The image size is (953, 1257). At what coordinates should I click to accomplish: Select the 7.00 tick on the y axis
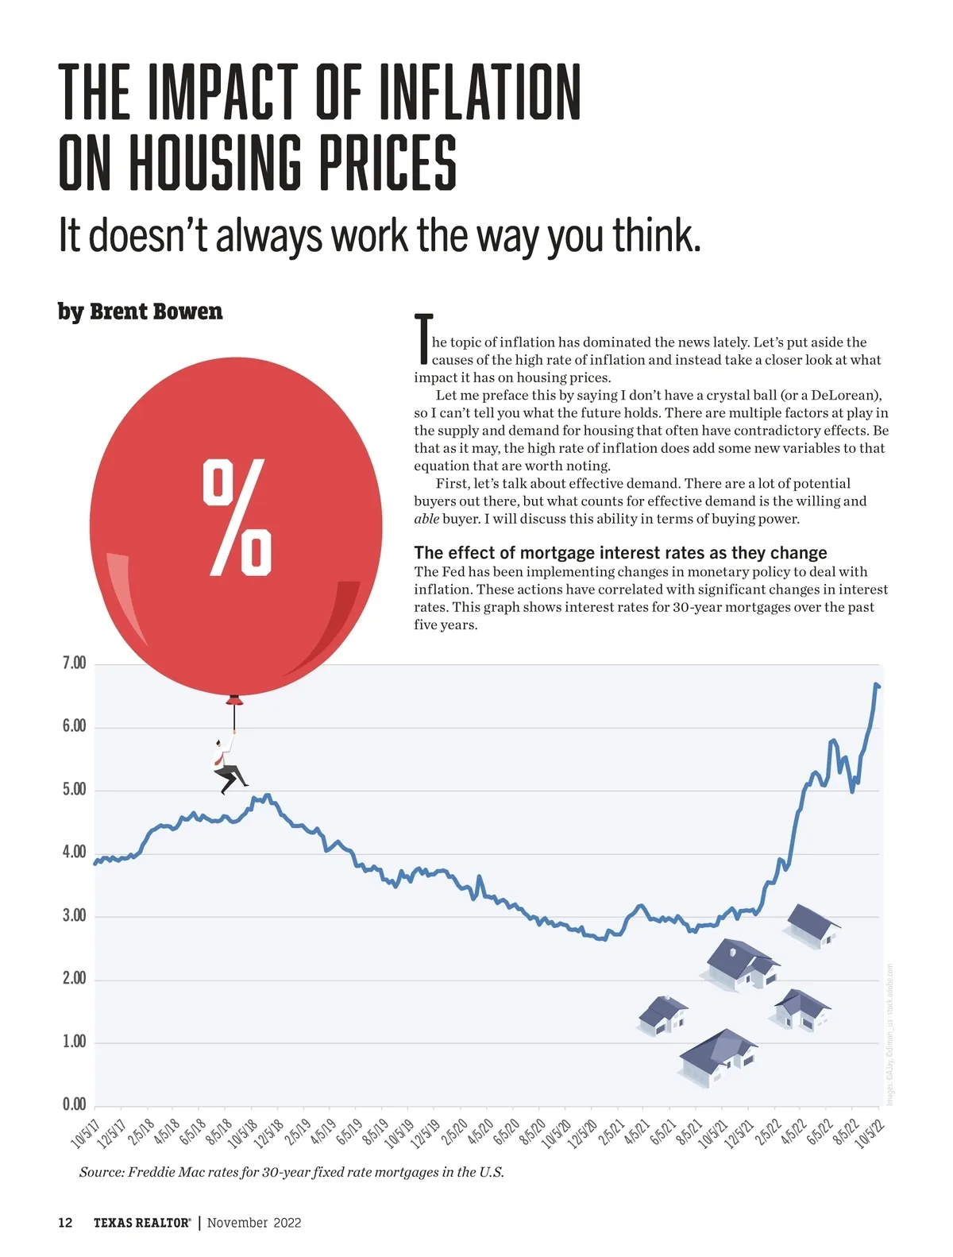74,663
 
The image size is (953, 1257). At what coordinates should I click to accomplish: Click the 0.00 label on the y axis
74,1104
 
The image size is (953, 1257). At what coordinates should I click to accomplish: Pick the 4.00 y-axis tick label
74,853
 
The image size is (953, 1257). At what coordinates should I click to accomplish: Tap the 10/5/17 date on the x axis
85,1134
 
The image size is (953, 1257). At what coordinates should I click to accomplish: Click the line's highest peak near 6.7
876,684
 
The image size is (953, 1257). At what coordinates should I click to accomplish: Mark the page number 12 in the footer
65,1223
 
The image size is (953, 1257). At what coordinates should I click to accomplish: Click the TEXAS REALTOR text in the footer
141,1223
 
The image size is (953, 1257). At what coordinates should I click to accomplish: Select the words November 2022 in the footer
254,1223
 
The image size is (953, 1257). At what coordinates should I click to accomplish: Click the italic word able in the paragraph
426,519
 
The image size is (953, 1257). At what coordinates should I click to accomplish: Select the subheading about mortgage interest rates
620,553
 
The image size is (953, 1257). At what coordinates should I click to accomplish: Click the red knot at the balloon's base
234,700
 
